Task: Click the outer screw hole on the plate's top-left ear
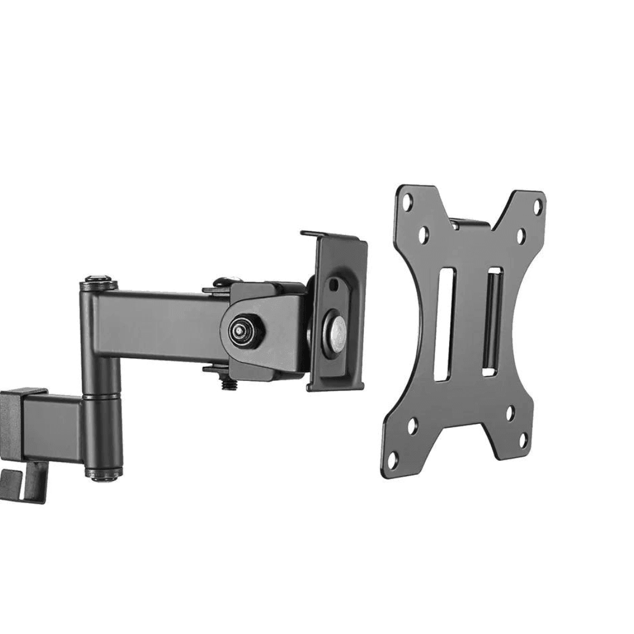pos(407,201)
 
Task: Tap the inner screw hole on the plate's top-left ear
pos(422,234)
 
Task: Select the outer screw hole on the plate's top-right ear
pos(537,206)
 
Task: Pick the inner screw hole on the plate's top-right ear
pos(521,236)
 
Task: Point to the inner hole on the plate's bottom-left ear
pos(412,426)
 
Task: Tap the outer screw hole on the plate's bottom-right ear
pos(522,440)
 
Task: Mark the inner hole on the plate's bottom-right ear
pos(510,413)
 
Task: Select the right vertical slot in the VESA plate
pos(492,322)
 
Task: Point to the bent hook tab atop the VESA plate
pos(470,223)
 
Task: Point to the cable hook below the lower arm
pos(23,484)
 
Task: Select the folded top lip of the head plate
pos(332,236)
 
